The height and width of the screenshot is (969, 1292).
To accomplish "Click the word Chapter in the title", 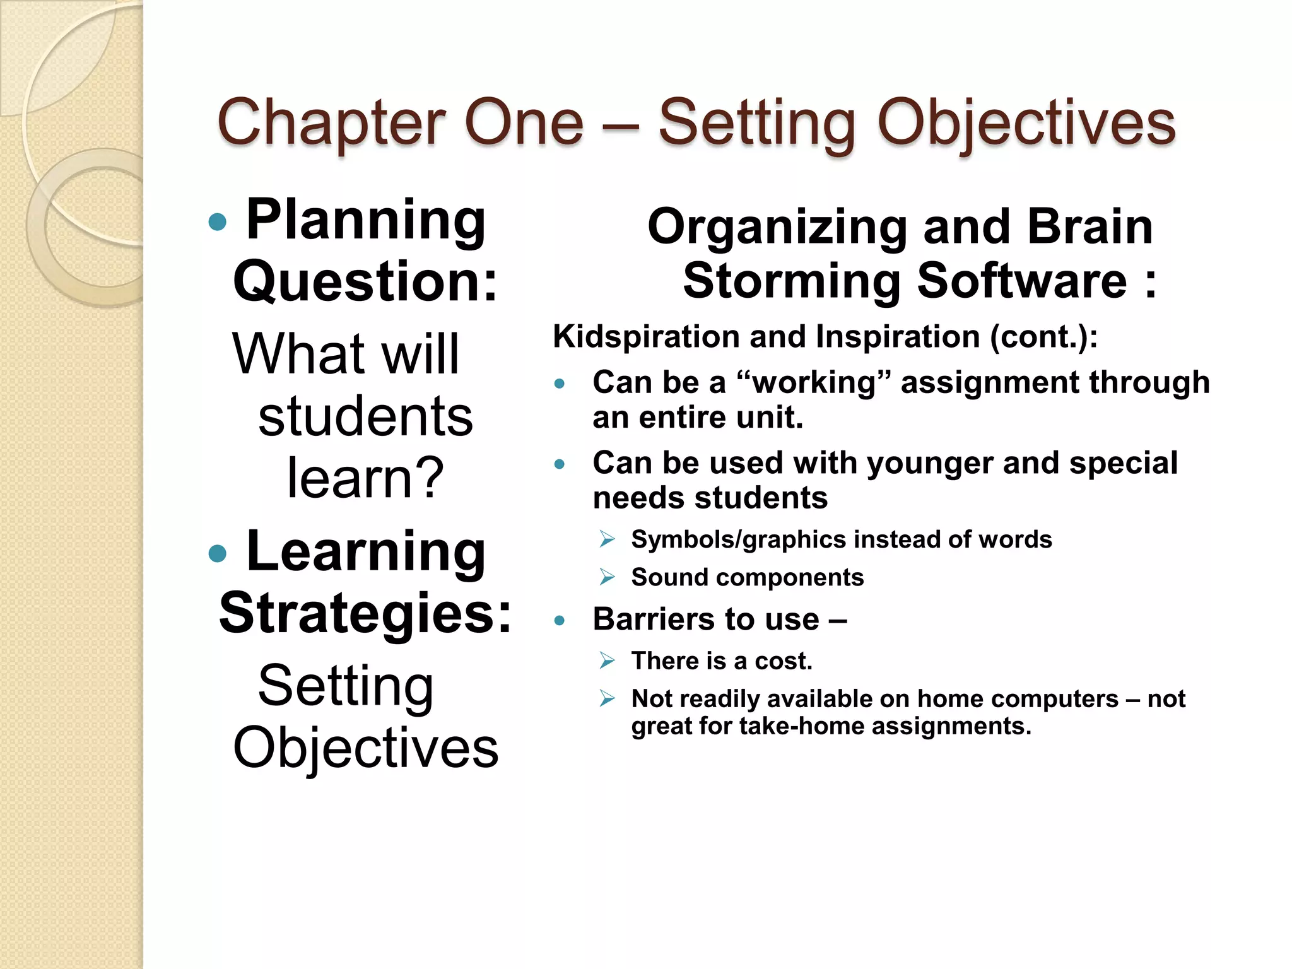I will click(331, 122).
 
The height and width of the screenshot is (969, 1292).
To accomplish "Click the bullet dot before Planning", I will click(217, 221).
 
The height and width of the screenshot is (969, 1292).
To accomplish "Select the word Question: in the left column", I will click(365, 282).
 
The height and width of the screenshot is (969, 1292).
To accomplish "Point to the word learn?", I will click(365, 478).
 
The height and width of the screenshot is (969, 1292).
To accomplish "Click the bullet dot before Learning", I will click(217, 553).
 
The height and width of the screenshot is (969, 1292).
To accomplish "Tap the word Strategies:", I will click(365, 613).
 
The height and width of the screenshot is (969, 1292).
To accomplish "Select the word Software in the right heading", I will click(1021, 281).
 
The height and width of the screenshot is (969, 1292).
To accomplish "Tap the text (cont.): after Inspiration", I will click(1043, 336).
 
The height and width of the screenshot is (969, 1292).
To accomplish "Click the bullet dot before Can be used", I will click(559, 464).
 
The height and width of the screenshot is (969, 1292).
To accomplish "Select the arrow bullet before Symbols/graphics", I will click(607, 539).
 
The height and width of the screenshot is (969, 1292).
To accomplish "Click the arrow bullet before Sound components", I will click(607, 577).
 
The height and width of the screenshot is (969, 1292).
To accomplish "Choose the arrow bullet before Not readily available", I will click(607, 699).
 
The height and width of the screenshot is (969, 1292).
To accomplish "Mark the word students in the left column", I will click(365, 417).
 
